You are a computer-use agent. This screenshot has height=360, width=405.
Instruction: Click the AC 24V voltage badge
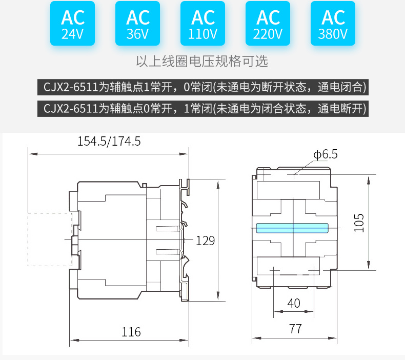point(73,24)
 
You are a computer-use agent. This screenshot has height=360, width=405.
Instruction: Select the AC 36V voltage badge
point(138,24)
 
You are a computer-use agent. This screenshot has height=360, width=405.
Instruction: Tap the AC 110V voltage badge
point(203,24)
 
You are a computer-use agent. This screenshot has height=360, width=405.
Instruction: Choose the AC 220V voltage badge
point(268,24)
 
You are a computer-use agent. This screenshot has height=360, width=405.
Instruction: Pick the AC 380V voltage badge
point(333,24)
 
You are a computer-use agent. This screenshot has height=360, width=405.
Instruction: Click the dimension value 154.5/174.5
point(109,141)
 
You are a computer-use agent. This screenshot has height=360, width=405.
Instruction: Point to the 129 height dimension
point(205,241)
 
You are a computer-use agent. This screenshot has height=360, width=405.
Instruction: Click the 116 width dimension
point(131,332)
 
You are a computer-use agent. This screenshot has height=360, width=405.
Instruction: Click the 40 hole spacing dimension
point(294,303)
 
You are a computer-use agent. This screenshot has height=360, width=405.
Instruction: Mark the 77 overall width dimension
point(295,329)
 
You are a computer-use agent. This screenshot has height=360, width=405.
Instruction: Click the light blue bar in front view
point(292,228)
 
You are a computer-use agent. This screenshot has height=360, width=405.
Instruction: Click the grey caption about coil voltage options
point(202,62)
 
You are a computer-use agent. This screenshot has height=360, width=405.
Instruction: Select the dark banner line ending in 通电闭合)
point(202,87)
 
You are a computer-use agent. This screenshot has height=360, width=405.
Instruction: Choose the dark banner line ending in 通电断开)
point(202,109)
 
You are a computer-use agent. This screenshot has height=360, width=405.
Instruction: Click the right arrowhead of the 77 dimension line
point(336,338)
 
